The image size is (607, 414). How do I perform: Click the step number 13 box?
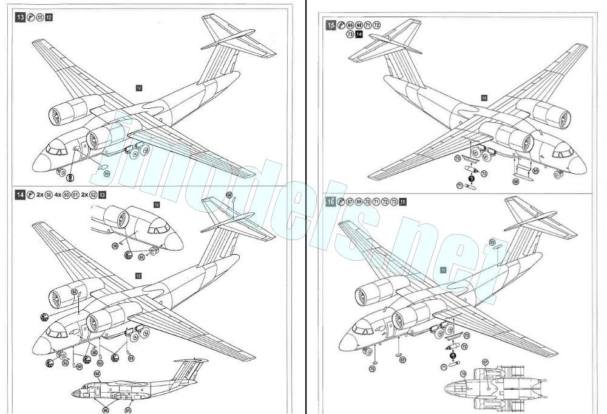pyautogui.click(x=21, y=18)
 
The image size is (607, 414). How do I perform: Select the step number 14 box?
pyautogui.click(x=21, y=195)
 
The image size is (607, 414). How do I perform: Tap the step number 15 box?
pyautogui.click(x=331, y=26)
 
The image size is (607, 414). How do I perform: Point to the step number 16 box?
pyautogui.click(x=331, y=202)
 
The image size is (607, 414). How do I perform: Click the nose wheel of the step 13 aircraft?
pyautogui.click(x=61, y=173)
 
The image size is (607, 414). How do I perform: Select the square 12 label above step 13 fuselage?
pyautogui.click(x=139, y=88)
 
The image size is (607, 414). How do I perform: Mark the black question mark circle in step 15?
pyautogui.click(x=472, y=178)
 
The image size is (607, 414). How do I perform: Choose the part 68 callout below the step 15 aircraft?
pyautogui.click(x=516, y=181)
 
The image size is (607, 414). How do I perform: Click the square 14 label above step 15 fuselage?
pyautogui.click(x=484, y=97)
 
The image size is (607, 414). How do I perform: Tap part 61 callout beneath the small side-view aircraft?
pyautogui.click(x=128, y=410)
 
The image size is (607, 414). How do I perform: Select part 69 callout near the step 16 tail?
pyautogui.click(x=492, y=243)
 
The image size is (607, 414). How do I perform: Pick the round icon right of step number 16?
pyautogui.click(x=341, y=202)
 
